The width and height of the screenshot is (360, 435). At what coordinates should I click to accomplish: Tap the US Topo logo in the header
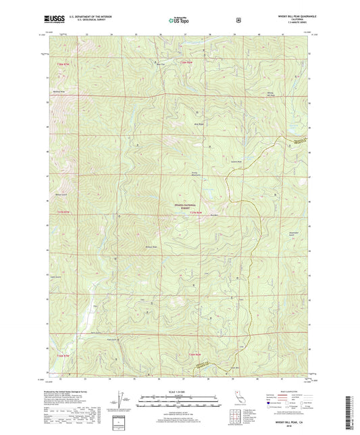click(x=178, y=20)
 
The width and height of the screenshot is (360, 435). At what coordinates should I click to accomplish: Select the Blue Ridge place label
click(x=199, y=124)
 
